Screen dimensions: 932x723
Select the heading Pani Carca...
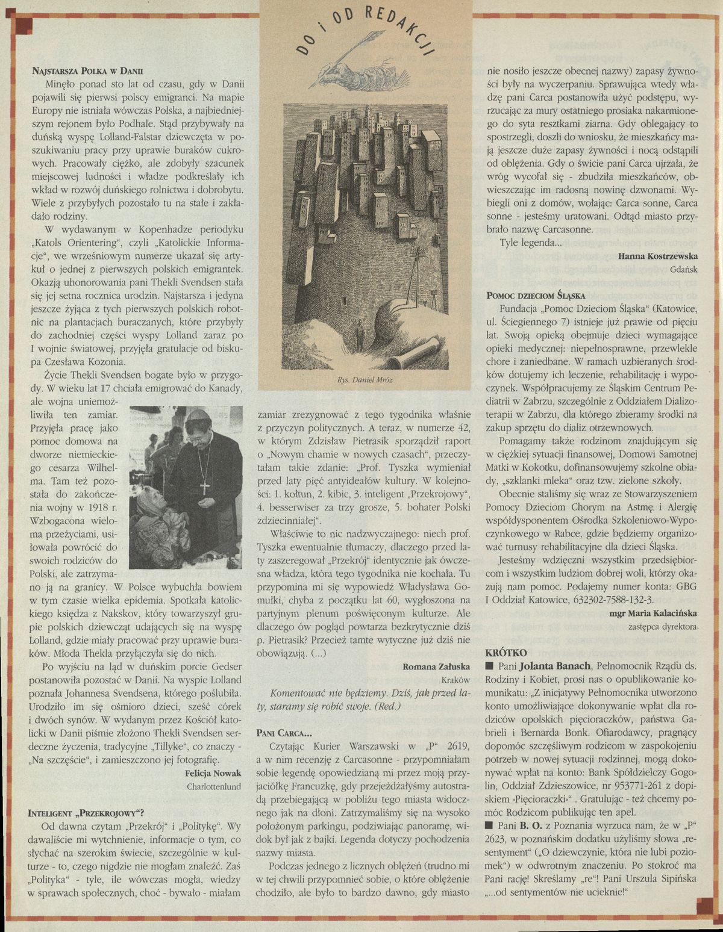pyautogui.click(x=283, y=733)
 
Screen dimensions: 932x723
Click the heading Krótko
pyautogui.click(x=506, y=653)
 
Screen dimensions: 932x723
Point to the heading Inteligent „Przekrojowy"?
pyautogui.click(x=86, y=812)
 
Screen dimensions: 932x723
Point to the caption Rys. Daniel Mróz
pyautogui.click(x=364, y=380)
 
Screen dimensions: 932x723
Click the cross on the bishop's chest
pyautogui.click(x=204, y=485)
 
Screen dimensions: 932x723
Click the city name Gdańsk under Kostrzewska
pyautogui.click(x=684, y=269)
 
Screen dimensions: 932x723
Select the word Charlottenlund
pyautogui.click(x=214, y=786)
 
